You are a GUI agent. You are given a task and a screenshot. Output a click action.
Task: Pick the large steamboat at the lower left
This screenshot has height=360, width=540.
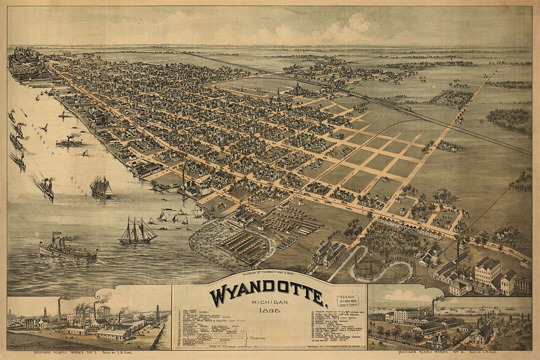(x=67, y=247)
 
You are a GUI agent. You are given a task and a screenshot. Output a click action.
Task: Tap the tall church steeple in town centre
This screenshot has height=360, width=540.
(x=278, y=95)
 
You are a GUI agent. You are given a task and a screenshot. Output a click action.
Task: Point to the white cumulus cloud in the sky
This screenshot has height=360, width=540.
(x=345, y=27)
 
